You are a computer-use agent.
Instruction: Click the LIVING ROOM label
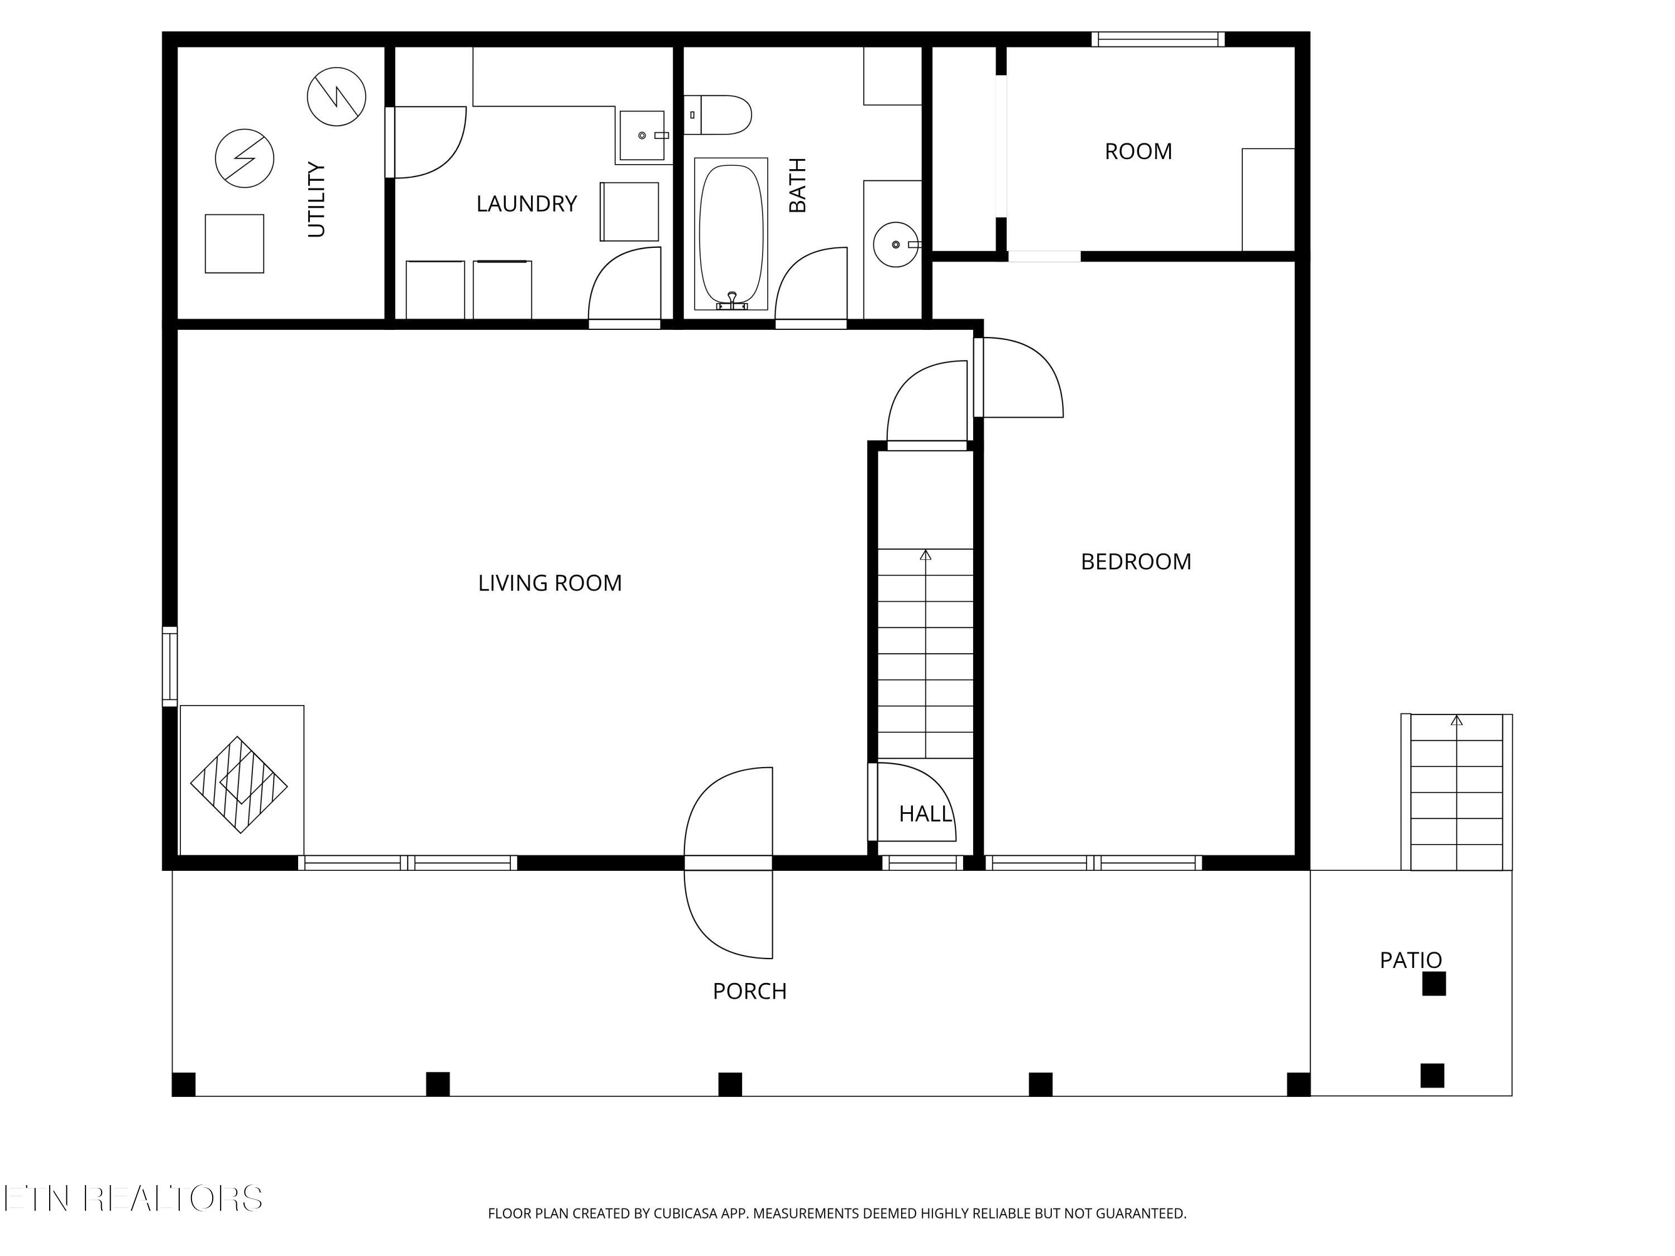550,583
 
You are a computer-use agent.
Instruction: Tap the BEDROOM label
1136,562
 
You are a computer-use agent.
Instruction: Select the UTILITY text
317,199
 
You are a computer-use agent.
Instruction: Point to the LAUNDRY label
527,204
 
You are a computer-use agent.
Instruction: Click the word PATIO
1411,960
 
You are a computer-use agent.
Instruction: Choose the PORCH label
750,991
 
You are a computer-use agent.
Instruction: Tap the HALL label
925,814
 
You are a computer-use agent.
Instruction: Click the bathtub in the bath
731,234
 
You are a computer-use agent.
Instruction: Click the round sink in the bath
896,245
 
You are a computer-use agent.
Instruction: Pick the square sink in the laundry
642,136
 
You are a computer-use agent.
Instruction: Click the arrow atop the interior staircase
925,555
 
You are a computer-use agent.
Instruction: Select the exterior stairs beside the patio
1456,792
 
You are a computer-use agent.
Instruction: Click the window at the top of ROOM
1158,40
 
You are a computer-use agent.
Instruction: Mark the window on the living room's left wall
170,666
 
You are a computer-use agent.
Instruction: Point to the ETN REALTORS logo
133,1199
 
